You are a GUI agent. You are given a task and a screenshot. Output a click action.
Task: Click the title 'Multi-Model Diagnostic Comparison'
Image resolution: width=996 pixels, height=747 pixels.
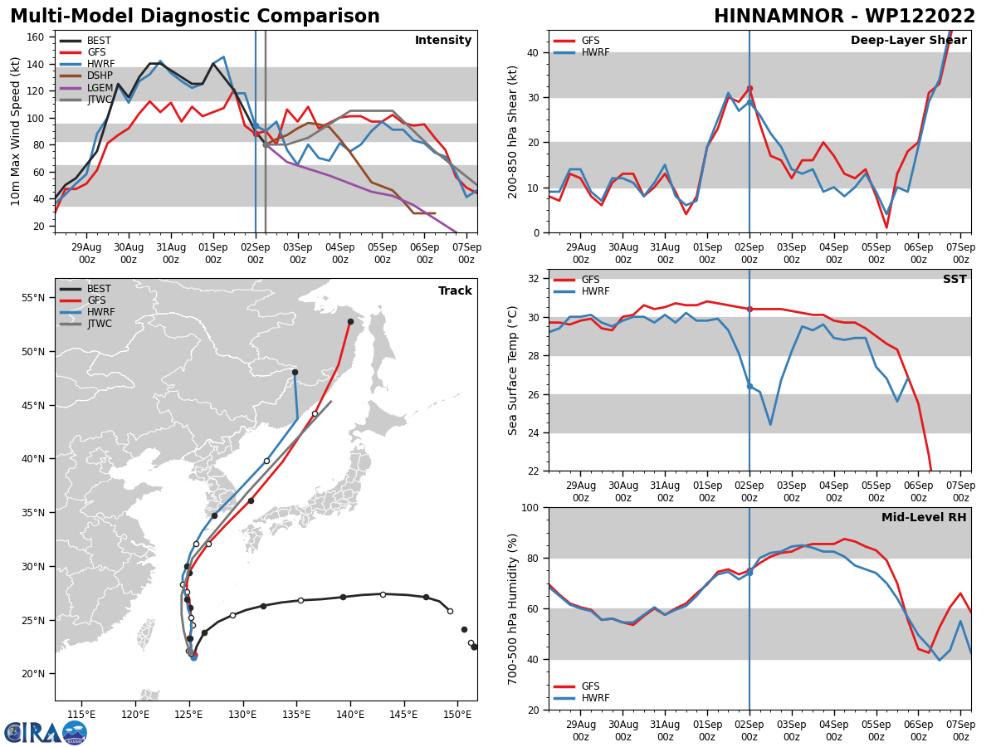pos(195,17)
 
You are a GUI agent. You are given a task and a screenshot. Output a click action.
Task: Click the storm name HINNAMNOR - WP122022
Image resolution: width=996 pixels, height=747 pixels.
pos(844,17)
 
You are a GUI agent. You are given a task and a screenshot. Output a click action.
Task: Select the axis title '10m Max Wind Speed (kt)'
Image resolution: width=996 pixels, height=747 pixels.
pos(16,131)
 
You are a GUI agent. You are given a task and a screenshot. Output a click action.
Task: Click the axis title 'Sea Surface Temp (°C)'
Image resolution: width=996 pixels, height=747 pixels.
pos(513,370)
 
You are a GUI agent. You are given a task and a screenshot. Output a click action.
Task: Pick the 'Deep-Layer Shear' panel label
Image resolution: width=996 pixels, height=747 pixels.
pos(908,41)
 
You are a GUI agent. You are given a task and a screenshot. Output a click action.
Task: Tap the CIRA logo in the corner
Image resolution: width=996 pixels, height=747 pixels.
pos(45,732)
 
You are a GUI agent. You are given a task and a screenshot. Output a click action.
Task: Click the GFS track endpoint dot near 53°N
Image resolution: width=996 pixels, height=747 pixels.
pos(350,321)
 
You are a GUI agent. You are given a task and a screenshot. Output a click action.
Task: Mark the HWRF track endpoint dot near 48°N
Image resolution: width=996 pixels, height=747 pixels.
pos(295,372)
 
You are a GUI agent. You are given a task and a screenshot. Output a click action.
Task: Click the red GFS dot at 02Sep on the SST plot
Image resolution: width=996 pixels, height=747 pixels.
pos(749,309)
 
